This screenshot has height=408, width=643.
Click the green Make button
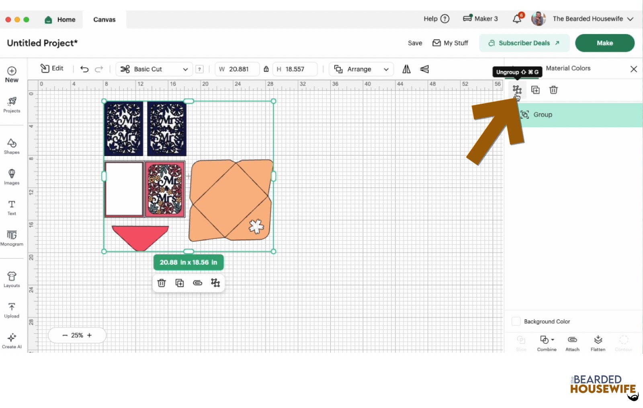pyautogui.click(x=604, y=43)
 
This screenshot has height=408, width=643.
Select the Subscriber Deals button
pyautogui.click(x=524, y=43)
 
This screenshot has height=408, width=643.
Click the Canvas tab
pyautogui.click(x=104, y=19)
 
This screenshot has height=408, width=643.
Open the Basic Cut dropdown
pyautogui.click(x=154, y=69)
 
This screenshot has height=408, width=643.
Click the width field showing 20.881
pyautogui.click(x=239, y=69)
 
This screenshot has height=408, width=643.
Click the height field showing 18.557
pyautogui.click(x=295, y=69)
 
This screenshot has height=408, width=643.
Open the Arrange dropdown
pyautogui.click(x=361, y=69)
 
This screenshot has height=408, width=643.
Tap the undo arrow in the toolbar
pyautogui.click(x=84, y=69)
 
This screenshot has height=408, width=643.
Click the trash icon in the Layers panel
pyautogui.click(x=553, y=90)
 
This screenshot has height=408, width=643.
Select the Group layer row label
pyautogui.click(x=543, y=115)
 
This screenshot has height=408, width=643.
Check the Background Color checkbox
pyautogui.click(x=516, y=321)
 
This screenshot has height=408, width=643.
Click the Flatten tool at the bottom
pyautogui.click(x=598, y=343)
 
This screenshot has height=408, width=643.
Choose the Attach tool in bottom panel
pyautogui.click(x=572, y=343)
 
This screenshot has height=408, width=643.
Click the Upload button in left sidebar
pyautogui.click(x=12, y=310)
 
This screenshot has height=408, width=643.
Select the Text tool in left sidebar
pyautogui.click(x=12, y=207)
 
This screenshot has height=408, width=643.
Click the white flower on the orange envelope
pyautogui.click(x=256, y=226)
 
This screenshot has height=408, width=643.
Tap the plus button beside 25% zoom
pyautogui.click(x=89, y=335)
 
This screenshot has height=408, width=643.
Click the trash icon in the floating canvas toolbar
pyautogui.click(x=162, y=283)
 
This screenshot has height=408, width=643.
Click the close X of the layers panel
pyautogui.click(x=633, y=69)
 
